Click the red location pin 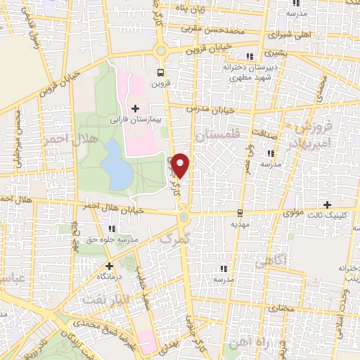point(181,165)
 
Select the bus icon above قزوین point(161,72)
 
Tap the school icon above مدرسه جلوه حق point(112,228)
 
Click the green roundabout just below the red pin point(184,218)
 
